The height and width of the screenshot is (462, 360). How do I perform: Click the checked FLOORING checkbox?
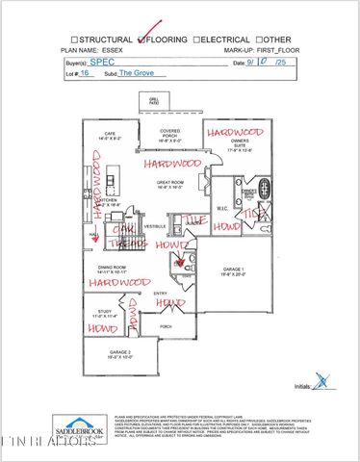click(143, 40)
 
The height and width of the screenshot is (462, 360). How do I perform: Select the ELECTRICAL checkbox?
click(196, 40)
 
